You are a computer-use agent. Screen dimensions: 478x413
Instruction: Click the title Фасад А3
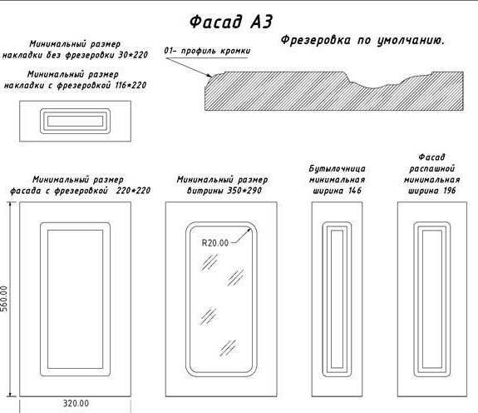pyautogui.click(x=230, y=22)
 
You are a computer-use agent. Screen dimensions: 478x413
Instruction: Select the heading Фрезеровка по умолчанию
pyautogui.click(x=362, y=40)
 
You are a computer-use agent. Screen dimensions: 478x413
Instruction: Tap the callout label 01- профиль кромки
pyautogui.click(x=207, y=51)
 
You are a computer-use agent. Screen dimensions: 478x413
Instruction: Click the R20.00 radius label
pyautogui.click(x=215, y=243)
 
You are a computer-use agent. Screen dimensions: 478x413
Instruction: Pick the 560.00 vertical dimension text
pyautogui.click(x=4, y=299)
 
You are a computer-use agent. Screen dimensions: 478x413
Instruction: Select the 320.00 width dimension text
pyautogui.click(x=76, y=404)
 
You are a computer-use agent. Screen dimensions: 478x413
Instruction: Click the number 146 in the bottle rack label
pyautogui.click(x=354, y=191)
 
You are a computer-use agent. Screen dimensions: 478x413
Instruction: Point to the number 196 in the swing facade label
pyautogui.click(x=450, y=191)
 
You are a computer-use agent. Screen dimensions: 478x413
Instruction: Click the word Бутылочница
pyautogui.click(x=338, y=169)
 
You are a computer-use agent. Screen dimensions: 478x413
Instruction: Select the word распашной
pyautogui.click(x=432, y=169)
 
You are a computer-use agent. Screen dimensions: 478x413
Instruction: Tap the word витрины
pyautogui.click(x=205, y=191)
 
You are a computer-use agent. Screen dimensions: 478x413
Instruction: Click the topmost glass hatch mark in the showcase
pyautogui.click(x=209, y=262)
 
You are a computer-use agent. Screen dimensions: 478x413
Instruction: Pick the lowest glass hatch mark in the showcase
pyautogui.click(x=228, y=348)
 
